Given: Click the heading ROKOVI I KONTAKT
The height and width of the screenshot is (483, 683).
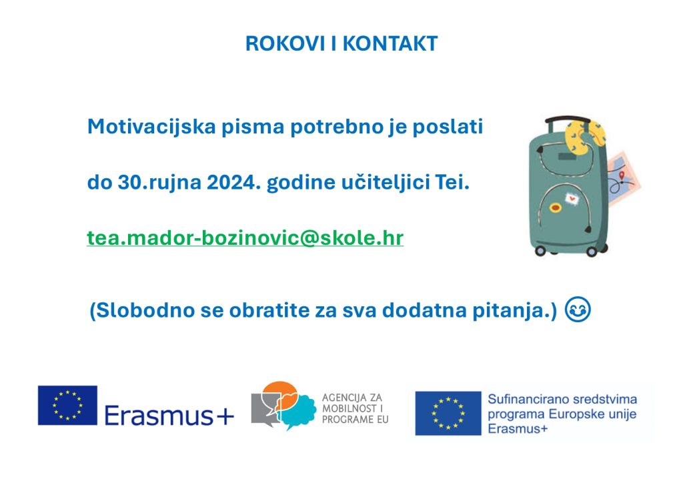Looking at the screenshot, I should (x=341, y=43).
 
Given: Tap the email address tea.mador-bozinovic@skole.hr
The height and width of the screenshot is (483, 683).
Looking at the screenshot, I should (x=245, y=238).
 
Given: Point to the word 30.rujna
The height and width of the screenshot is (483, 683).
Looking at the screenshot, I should (x=148, y=182).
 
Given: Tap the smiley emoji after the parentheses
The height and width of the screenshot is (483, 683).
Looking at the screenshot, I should (x=578, y=311).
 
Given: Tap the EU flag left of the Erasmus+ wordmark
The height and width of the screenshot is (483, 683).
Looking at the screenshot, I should (x=67, y=405).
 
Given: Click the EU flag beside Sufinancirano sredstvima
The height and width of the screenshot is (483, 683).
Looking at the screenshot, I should (x=448, y=413).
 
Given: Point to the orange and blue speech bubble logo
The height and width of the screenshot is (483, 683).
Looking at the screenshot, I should (x=284, y=405).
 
